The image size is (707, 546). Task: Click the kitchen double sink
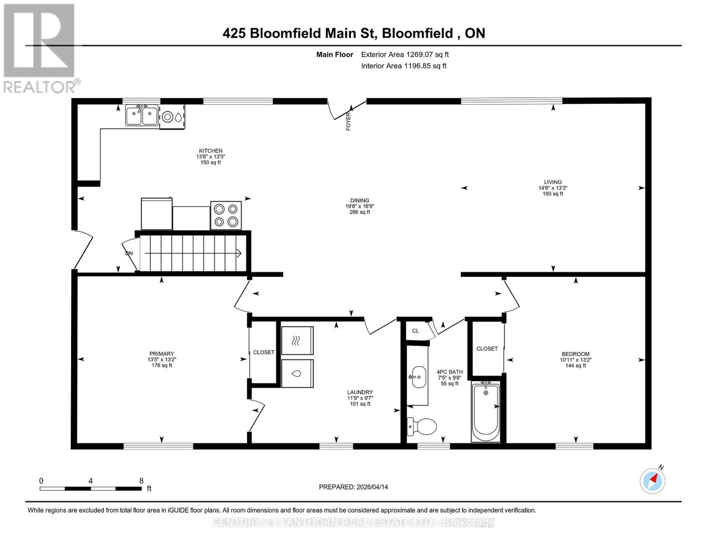point(142,116)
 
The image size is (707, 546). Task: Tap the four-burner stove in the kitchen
point(226,215)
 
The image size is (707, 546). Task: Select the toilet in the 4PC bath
point(422,426)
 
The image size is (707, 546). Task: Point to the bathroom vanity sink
point(418,377)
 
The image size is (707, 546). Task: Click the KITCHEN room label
point(210,151)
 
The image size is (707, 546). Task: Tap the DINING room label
point(360,200)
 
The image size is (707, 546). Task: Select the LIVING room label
point(553,182)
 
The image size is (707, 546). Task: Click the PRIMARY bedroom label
point(162,354)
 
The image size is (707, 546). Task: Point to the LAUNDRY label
point(360,392)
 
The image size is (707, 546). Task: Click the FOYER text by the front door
point(349,121)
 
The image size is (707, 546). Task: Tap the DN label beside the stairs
point(129,253)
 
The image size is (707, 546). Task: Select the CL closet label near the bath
point(415,331)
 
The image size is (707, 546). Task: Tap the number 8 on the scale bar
point(141,481)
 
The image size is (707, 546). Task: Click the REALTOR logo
point(40,48)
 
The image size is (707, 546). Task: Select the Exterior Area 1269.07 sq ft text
point(405,55)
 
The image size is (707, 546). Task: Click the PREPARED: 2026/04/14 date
point(353,487)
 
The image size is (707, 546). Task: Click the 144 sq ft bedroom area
point(575,365)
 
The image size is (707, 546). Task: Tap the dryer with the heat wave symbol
point(297,340)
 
